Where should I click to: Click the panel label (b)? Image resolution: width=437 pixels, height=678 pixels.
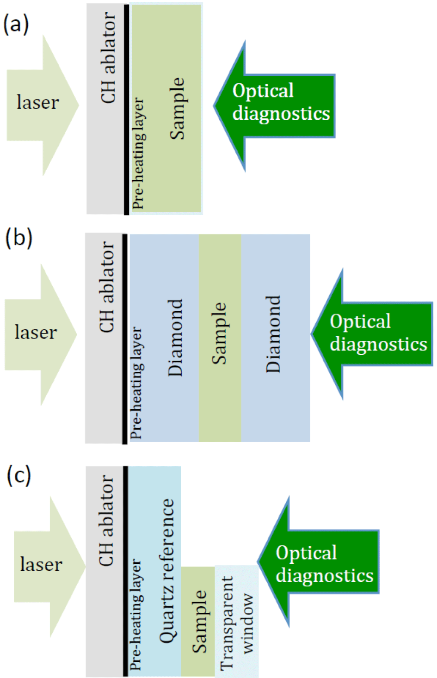[x=18, y=238]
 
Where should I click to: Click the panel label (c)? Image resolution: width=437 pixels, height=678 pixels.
[x=19, y=475]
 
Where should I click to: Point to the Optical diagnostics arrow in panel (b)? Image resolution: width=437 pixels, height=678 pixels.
[x=375, y=333]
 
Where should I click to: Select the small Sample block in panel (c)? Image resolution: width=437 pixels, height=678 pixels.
[x=198, y=620]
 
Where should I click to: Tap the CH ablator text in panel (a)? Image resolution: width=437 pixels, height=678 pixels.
[x=108, y=58]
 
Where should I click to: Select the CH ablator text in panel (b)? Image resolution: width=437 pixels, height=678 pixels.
[x=107, y=287]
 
